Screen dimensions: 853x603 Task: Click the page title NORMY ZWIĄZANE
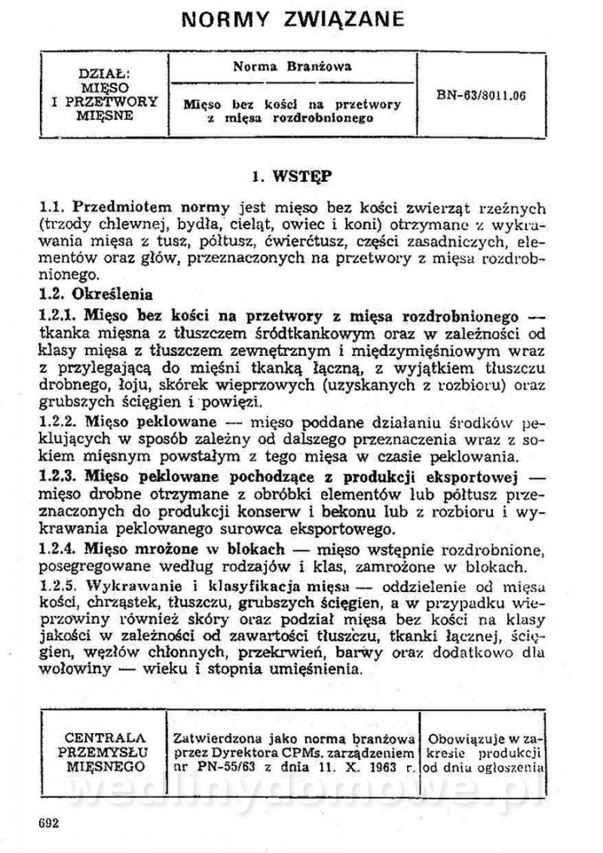tap(293, 18)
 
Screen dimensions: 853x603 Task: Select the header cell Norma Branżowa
tap(292, 66)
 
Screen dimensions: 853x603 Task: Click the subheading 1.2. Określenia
tap(96, 294)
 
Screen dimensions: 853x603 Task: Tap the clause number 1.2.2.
tap(59, 421)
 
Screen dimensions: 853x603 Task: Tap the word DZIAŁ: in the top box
tap(105, 74)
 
